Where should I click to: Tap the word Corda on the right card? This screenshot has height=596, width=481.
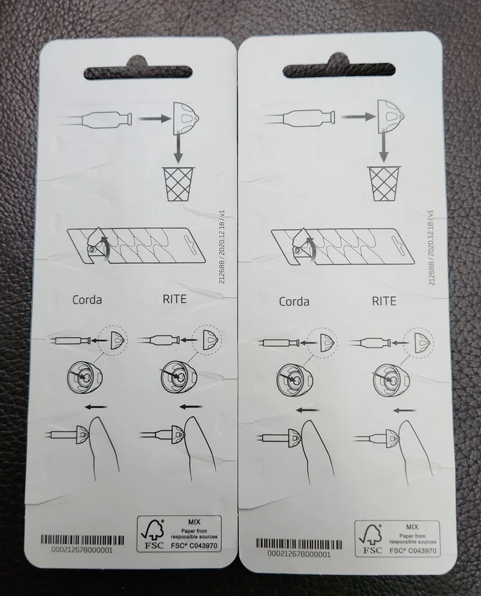point(294,302)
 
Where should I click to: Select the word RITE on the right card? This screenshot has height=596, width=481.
point(384,301)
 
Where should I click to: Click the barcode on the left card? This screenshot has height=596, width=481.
point(76,539)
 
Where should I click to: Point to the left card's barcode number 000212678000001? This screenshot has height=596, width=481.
point(76,549)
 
